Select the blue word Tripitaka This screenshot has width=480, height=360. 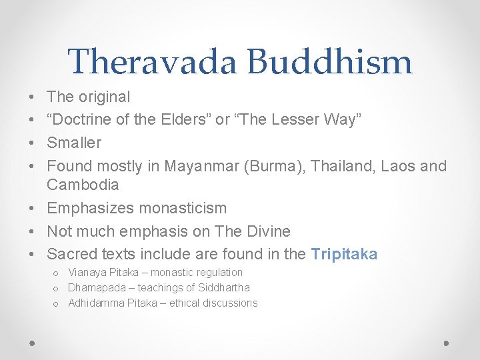tap(344, 254)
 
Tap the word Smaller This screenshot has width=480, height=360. tap(74, 143)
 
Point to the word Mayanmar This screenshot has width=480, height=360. tap(202, 166)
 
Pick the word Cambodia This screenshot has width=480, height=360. tap(83, 185)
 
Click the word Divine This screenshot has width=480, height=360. tap(266, 231)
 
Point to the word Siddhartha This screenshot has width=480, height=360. tap(224, 287)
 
